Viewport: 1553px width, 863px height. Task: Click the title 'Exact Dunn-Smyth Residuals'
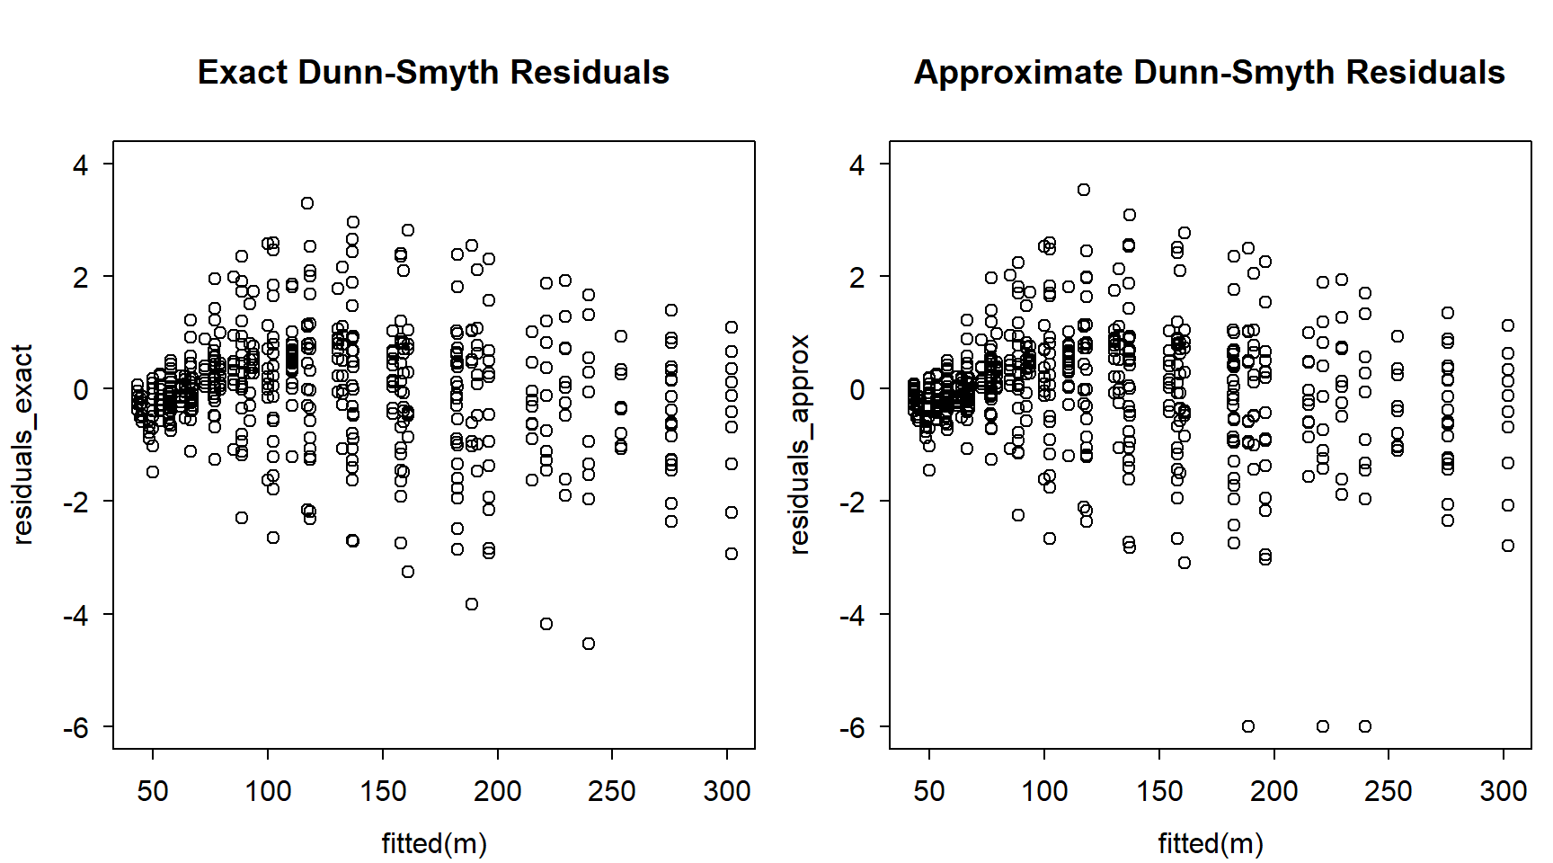click(x=433, y=73)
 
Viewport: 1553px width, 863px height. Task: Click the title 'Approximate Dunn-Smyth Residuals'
click(x=1209, y=73)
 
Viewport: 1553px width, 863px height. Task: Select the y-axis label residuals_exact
click(x=23, y=444)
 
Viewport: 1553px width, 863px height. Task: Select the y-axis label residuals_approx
click(x=799, y=444)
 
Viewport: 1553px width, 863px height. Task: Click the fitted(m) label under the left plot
click(x=434, y=843)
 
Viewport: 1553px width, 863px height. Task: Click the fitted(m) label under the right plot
click(x=1210, y=843)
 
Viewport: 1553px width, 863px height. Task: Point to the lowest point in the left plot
click(x=589, y=644)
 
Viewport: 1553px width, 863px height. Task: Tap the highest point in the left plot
click(x=307, y=203)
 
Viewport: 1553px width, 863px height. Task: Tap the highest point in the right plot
click(x=1084, y=190)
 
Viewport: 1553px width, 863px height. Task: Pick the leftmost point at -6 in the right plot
click(x=1248, y=726)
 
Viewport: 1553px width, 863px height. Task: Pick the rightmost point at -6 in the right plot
click(x=1365, y=726)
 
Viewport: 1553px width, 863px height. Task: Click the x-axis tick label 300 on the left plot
click(x=726, y=791)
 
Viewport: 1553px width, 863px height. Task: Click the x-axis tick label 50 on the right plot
click(x=929, y=791)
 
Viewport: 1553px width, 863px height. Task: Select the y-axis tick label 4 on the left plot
click(x=81, y=165)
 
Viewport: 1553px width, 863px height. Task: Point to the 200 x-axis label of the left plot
click(x=497, y=791)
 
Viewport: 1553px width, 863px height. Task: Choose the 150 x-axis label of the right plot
click(x=1159, y=791)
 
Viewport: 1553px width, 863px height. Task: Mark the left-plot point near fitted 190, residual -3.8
click(x=472, y=604)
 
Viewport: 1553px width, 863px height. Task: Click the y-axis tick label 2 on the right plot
click(x=857, y=277)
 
